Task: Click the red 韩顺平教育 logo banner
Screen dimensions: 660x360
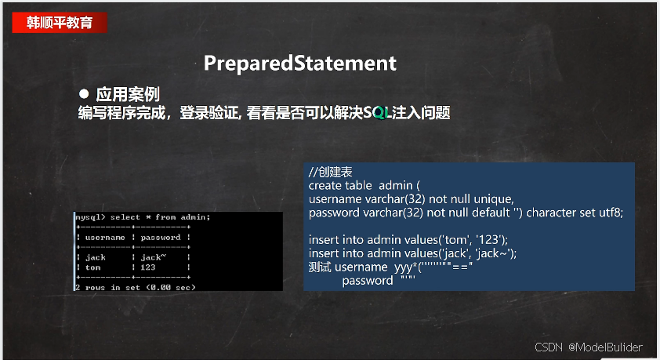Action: [x=60, y=22]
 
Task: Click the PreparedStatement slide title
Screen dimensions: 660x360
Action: [x=299, y=64]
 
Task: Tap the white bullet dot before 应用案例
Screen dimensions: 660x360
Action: [x=84, y=93]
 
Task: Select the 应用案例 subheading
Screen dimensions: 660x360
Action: [x=128, y=94]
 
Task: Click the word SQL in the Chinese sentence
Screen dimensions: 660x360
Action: [x=377, y=113]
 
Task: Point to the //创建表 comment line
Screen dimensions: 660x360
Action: [x=330, y=172]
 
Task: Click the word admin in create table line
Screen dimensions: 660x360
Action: [x=395, y=185]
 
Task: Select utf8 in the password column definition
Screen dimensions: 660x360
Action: [x=611, y=213]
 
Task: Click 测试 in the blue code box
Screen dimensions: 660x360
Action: [x=320, y=267]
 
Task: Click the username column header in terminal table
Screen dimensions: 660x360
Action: [x=105, y=238]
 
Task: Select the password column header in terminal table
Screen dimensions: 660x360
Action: [x=161, y=238]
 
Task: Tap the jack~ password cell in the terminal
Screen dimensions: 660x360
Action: [x=153, y=257]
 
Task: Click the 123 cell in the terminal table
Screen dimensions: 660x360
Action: [x=147, y=267]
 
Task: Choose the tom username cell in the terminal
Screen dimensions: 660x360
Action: [x=93, y=267]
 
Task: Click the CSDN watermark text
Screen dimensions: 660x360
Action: [x=549, y=347]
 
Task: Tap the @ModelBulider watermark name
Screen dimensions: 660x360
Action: [x=605, y=347]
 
